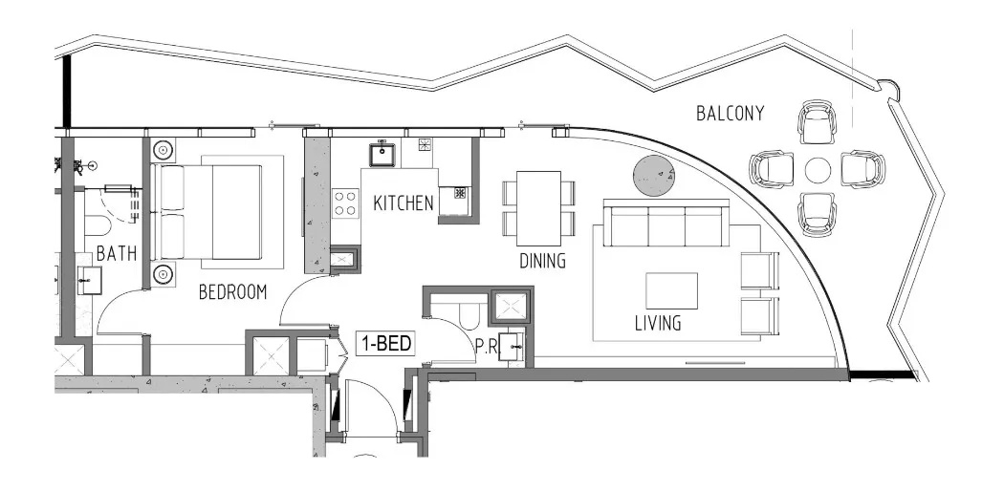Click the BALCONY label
[x=730, y=114]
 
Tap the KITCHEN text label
[x=404, y=203]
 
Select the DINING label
[x=542, y=260]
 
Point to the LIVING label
[x=658, y=323]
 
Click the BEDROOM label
[x=232, y=292]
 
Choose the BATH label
[x=116, y=254]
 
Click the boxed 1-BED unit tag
[x=386, y=344]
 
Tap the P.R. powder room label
[x=486, y=346]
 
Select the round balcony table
[x=818, y=171]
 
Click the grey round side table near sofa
[x=654, y=175]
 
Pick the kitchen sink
[x=382, y=152]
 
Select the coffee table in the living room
[x=671, y=290]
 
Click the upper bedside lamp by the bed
[x=164, y=150]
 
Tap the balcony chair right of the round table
[x=862, y=169]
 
